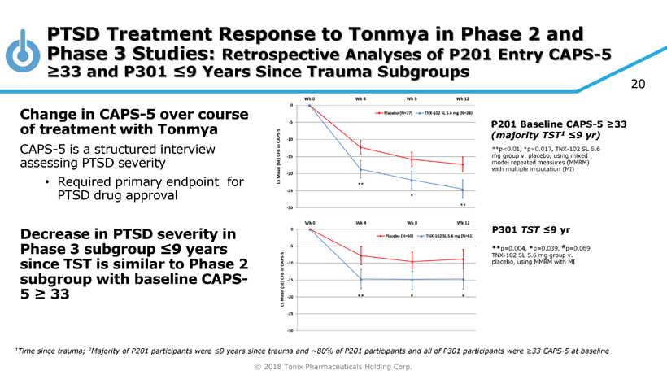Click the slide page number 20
pyautogui.click(x=637, y=83)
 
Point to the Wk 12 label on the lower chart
pyautogui.click(x=462, y=222)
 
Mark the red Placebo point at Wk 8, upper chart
pyautogui.click(x=412, y=159)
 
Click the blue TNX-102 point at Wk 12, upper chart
pyautogui.click(x=462, y=190)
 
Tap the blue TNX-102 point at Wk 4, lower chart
pyautogui.click(x=360, y=279)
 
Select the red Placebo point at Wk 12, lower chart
pyautogui.click(x=462, y=259)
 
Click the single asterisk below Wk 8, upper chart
pyautogui.click(x=412, y=195)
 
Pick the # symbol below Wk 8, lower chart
pyautogui.click(x=412, y=295)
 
